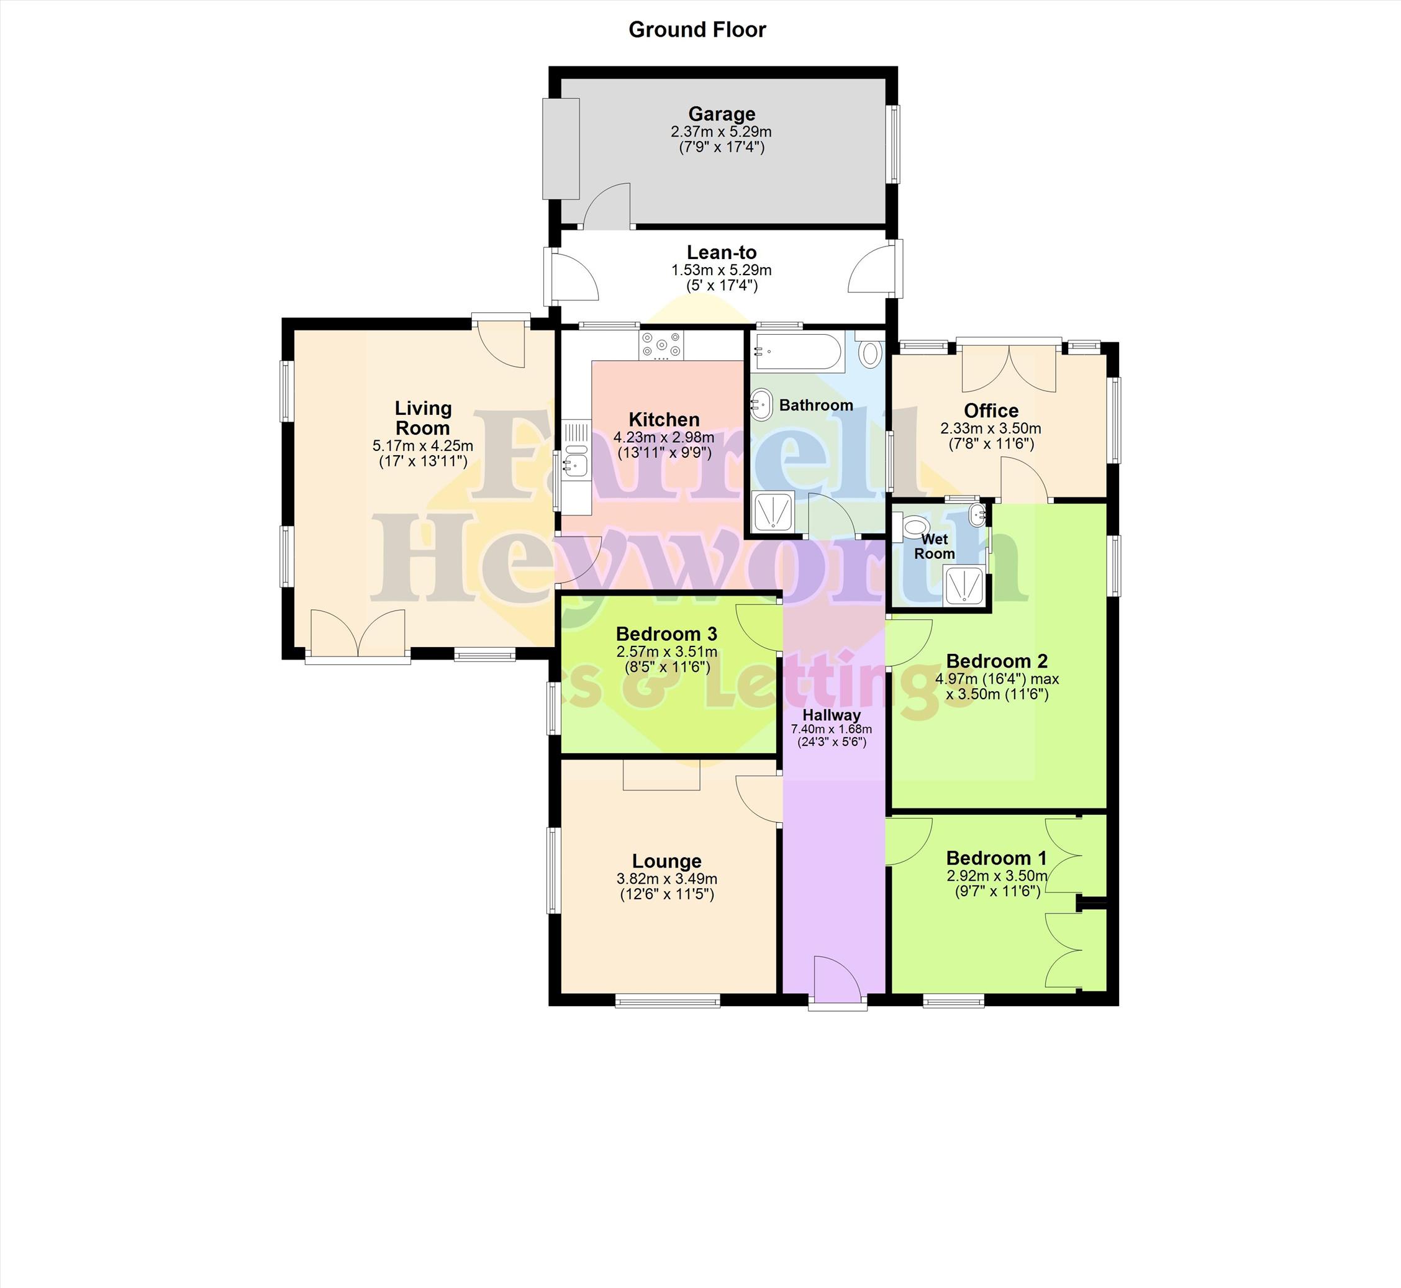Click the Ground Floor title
coord(697,30)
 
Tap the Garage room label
coord(722,114)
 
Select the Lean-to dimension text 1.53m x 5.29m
coord(722,270)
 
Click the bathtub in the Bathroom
coord(798,353)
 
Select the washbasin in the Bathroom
coord(761,405)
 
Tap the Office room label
coord(991,410)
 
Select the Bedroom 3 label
coord(666,634)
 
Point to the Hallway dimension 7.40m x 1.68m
coord(831,729)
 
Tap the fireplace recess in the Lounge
coord(661,775)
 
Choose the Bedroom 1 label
coord(996,858)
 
